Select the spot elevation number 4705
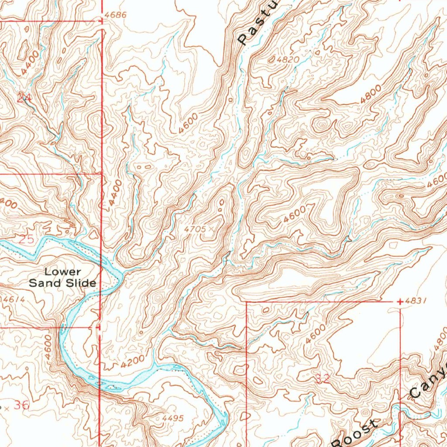[x=194, y=228]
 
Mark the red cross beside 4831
[x=400, y=302]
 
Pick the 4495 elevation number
[x=172, y=418]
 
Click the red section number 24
[x=24, y=98]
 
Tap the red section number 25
[x=26, y=239]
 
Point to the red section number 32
[x=323, y=379]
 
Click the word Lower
[x=62, y=272]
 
